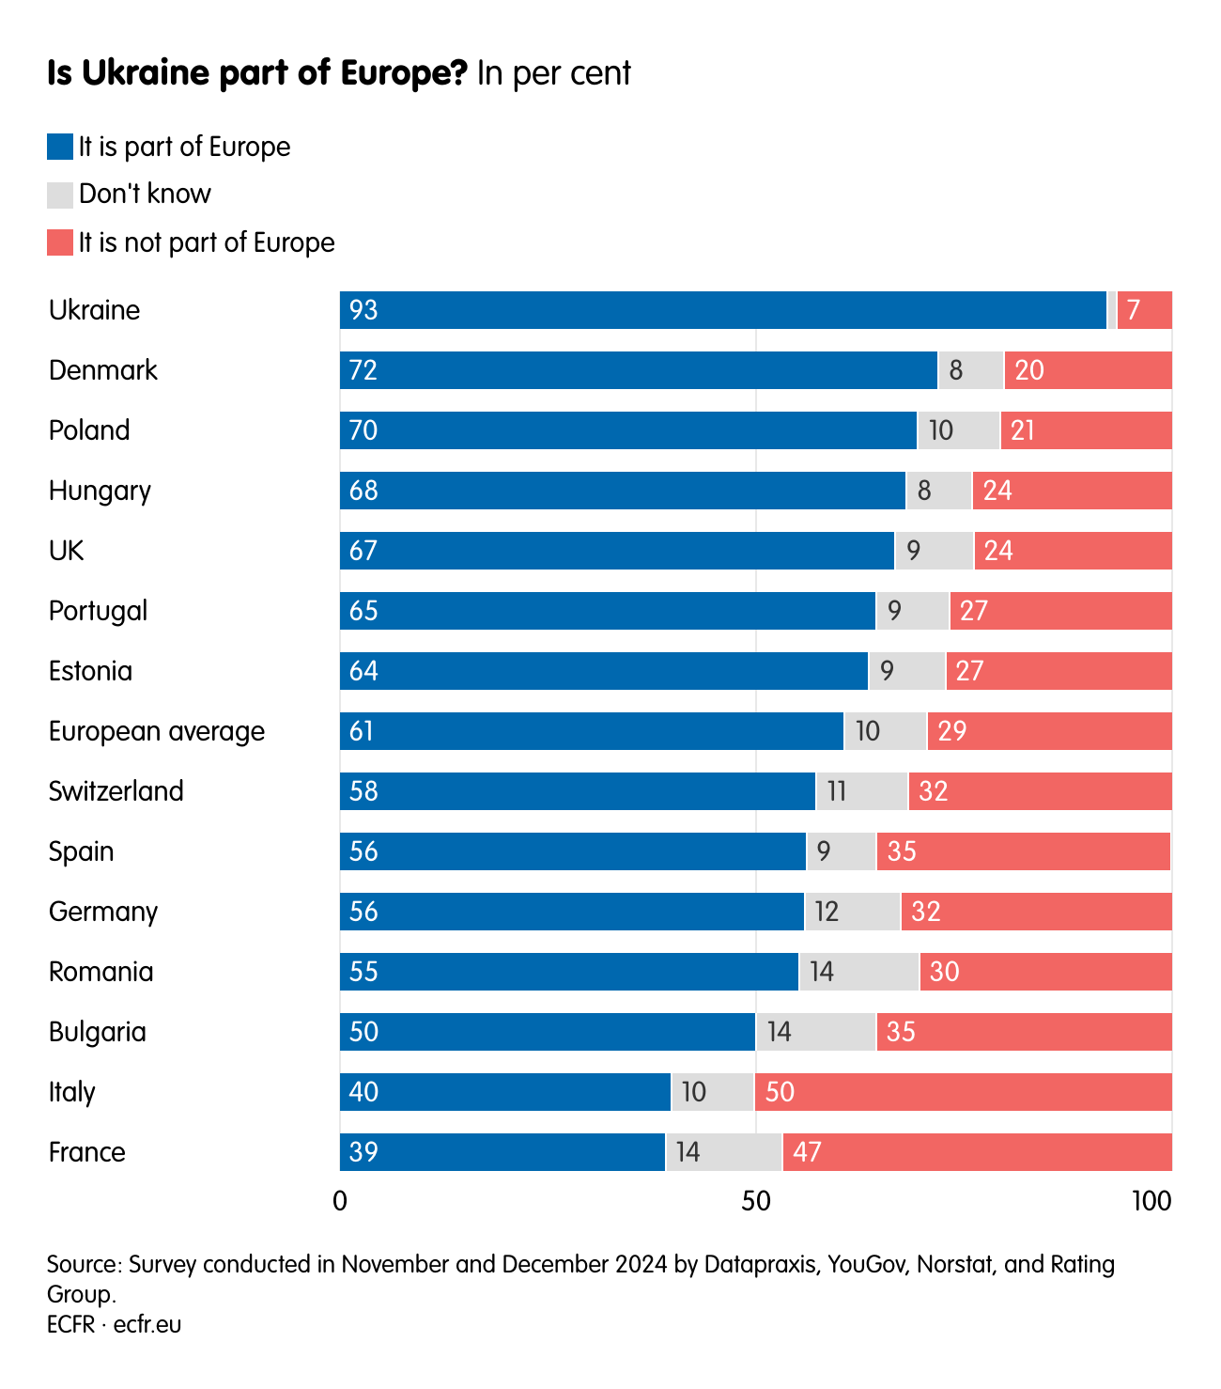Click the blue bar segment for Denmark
(639, 370)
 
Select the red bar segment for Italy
(963, 1092)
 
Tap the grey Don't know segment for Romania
(858, 972)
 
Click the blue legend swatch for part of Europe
(60, 148)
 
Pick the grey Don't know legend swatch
(60, 195)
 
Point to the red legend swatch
(60, 243)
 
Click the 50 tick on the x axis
(756, 1201)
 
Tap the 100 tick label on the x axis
(1151, 1201)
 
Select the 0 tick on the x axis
(340, 1201)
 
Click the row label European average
(157, 731)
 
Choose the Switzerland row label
(116, 791)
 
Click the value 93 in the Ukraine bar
(363, 310)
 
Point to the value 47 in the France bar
(807, 1152)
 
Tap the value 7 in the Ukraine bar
(1134, 310)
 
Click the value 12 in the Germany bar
(827, 912)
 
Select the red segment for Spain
(1024, 851)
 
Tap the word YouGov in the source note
(867, 1264)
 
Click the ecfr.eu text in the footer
(147, 1324)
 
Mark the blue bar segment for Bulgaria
(548, 1032)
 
